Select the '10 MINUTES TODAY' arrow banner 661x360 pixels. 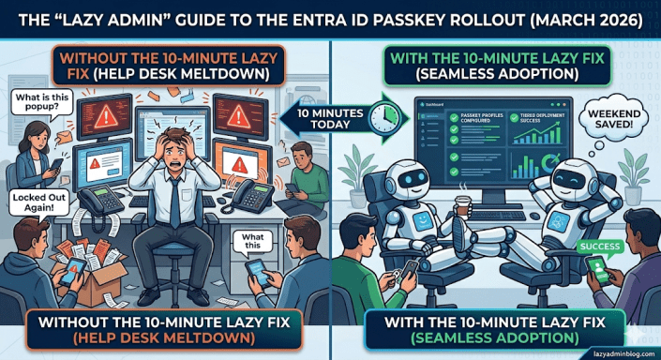click(329, 118)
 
